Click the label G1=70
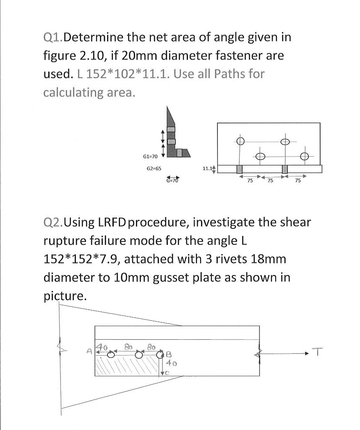(150, 157)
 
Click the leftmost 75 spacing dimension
(250, 181)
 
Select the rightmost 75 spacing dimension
(297, 181)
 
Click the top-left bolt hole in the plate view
(240, 141)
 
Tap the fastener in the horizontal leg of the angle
(179, 152)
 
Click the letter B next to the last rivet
(169, 354)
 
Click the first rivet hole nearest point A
(111, 355)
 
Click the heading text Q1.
(53, 38)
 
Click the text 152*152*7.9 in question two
(82, 259)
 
